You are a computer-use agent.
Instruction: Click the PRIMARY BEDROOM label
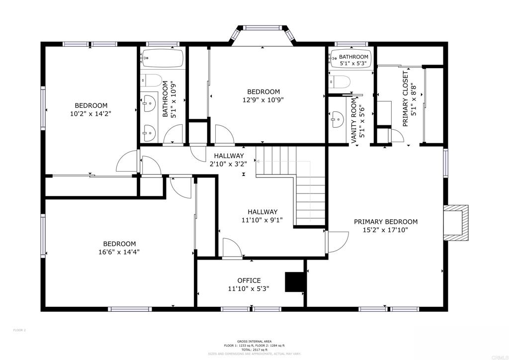385,222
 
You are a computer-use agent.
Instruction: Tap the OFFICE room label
249,280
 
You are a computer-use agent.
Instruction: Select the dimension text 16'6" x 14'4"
119,252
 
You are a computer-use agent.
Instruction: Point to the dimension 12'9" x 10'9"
263,99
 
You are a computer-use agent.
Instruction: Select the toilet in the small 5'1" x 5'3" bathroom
340,81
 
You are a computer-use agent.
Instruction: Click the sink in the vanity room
338,118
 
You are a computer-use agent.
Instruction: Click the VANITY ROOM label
354,121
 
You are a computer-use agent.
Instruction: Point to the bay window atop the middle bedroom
263,35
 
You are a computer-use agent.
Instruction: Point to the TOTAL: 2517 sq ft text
254,350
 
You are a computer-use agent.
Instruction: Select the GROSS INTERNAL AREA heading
254,342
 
